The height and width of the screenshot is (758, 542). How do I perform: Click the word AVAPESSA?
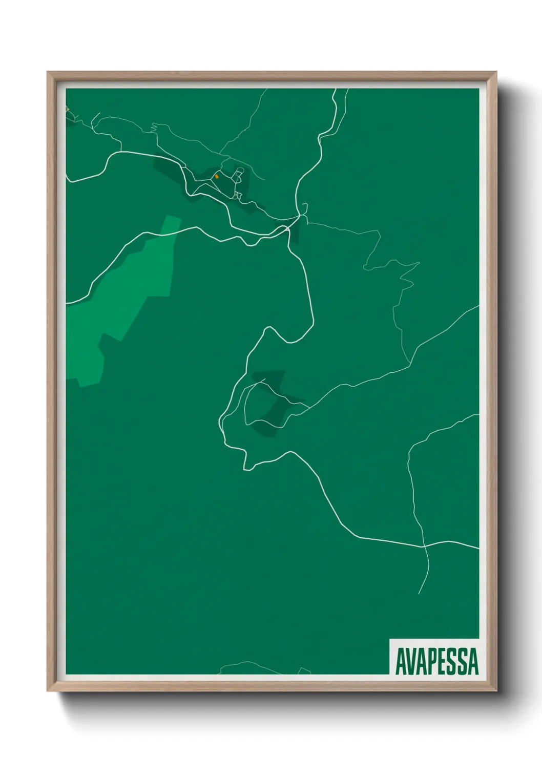pos(437,661)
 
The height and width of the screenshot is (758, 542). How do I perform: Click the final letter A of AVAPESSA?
pos(473,661)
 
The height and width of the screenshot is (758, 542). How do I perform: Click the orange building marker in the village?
pos(216,176)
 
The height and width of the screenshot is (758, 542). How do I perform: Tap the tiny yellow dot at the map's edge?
pos(67,109)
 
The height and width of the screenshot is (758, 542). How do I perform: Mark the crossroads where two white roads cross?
pos(424,546)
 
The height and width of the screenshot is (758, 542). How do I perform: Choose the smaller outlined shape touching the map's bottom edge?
pos(304,671)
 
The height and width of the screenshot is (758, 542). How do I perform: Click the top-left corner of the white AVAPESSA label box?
pos(390,639)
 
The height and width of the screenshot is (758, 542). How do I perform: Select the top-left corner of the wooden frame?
pos(48,72)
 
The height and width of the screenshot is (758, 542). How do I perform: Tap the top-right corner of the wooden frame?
pos(496,72)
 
